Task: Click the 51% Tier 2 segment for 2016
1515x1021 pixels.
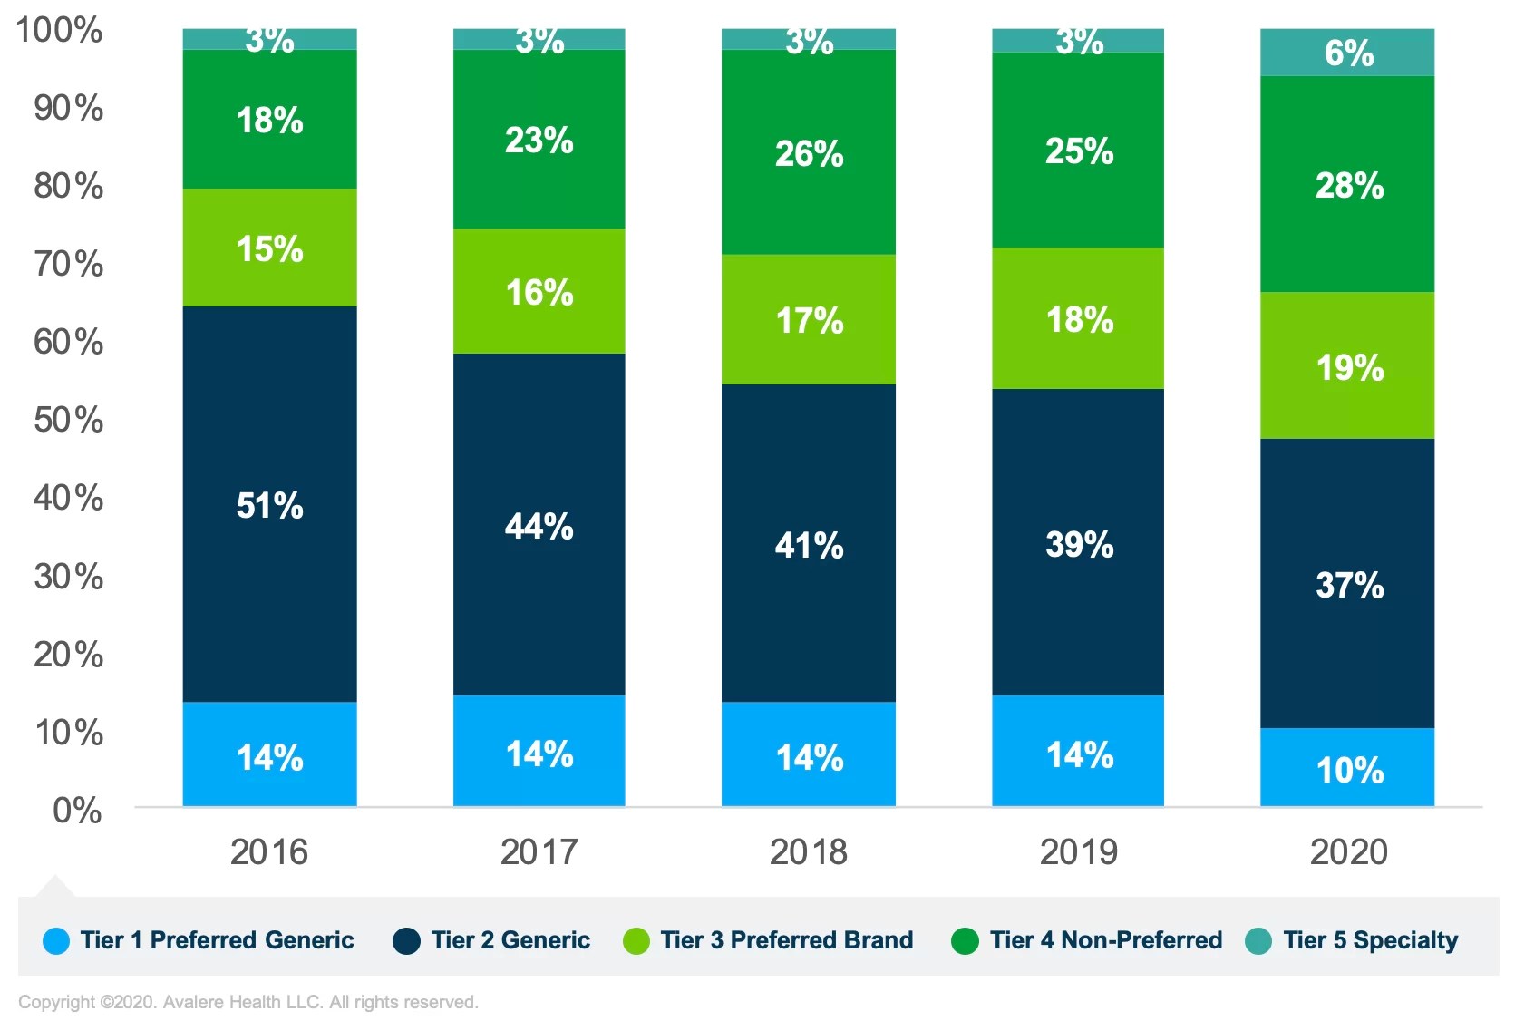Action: (269, 504)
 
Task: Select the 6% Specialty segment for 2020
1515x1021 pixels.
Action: (1347, 53)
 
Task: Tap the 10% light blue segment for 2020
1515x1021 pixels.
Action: (1347, 768)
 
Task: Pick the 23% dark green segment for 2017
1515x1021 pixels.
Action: (539, 140)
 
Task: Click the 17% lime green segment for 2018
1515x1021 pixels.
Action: (808, 319)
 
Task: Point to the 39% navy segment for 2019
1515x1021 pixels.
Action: (1078, 543)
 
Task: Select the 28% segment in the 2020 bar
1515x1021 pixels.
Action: (1347, 185)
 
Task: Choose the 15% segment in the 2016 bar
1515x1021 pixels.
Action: (269, 248)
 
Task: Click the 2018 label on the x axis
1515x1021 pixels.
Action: (808, 851)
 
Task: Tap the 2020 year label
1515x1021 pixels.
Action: (1348, 851)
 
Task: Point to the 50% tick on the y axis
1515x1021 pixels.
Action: (69, 420)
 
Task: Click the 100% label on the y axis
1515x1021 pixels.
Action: (60, 30)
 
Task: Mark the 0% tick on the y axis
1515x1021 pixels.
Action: (77, 810)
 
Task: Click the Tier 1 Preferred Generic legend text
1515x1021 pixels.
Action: (217, 940)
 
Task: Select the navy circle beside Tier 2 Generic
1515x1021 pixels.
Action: (406, 941)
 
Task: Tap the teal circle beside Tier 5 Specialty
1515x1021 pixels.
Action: (1258, 941)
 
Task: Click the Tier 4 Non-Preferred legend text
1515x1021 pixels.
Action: (1105, 940)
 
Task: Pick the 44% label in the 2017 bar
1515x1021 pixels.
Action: (539, 526)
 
